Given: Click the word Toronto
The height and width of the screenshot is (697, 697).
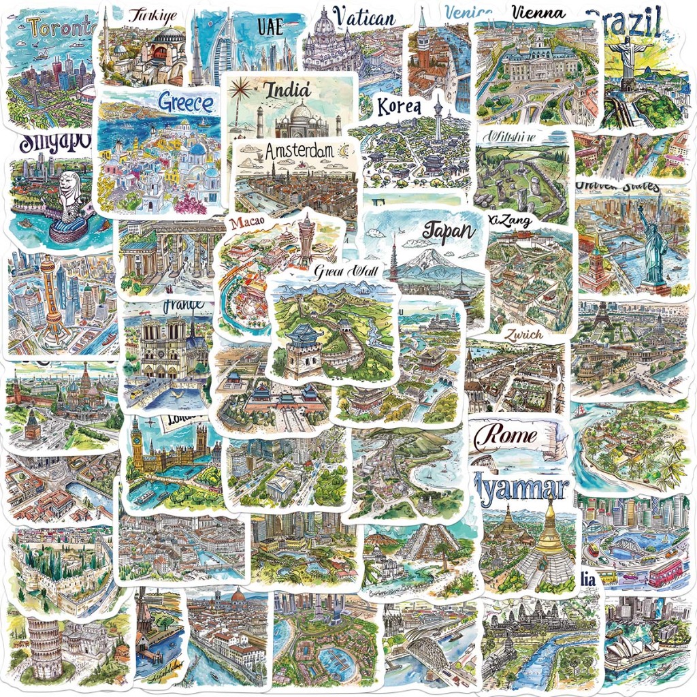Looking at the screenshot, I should click(61, 28).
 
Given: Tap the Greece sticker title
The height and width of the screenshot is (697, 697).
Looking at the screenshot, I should click(185, 103).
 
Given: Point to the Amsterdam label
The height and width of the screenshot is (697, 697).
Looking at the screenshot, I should click(295, 151).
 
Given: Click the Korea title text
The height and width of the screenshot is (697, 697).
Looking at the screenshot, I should click(399, 107).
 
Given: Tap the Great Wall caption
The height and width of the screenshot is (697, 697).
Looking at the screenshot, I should click(346, 272).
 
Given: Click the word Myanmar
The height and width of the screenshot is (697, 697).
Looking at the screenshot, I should click(521, 487).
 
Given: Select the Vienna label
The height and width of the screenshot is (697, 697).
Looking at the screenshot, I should click(538, 12).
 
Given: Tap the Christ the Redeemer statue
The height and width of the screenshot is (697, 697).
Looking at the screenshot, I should click(626, 59).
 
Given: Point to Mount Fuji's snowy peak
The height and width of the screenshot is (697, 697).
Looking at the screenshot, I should click(426, 257).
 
